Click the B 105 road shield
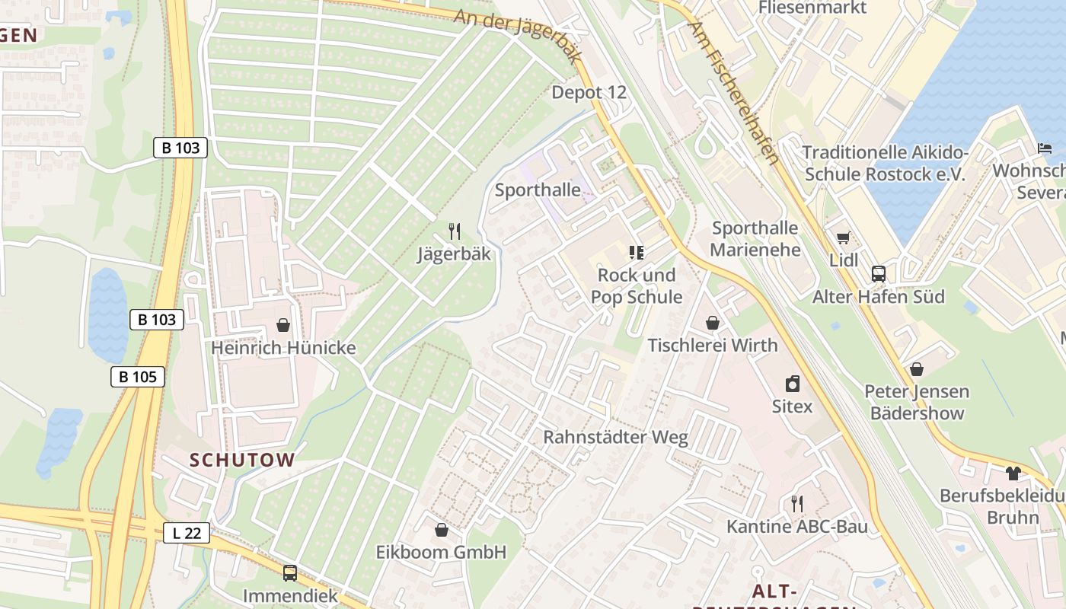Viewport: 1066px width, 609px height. [138, 376]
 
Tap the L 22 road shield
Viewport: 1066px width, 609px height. [187, 533]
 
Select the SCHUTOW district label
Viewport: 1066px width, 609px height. [242, 460]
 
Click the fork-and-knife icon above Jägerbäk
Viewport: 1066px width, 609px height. [455, 231]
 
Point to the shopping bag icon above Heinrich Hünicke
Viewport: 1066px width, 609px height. [283, 325]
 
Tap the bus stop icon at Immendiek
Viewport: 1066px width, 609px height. [290, 573]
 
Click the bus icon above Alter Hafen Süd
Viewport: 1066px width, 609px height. [879, 274]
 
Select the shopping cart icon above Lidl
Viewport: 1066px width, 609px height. [843, 238]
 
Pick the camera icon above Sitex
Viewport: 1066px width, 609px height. [793, 384]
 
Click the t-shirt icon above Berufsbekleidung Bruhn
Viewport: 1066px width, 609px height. [1012, 473]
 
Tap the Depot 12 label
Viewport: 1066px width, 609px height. [589, 93]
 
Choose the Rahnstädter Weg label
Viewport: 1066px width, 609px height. [615, 438]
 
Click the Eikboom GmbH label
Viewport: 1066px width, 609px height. [441, 552]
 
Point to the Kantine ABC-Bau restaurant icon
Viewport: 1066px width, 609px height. [796, 503]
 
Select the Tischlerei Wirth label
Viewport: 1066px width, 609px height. [713, 346]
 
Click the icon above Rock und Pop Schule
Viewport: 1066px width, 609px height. [637, 252]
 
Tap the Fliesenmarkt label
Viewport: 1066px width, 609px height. [812, 8]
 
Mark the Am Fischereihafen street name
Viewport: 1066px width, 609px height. [733, 93]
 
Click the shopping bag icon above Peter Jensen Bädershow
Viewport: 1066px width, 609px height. [917, 369]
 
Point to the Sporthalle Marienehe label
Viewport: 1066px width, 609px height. [755, 239]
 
